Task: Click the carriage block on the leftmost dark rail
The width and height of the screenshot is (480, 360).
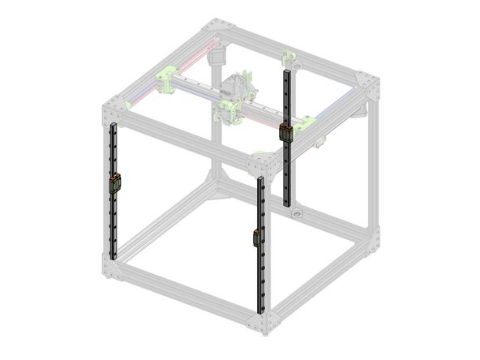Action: [115, 183]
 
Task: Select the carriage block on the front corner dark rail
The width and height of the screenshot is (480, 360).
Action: [258, 238]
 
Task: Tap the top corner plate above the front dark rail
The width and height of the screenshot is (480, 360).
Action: [260, 167]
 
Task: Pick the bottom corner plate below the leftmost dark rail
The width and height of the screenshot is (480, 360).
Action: [111, 266]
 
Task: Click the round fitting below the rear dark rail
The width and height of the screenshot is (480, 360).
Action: [297, 215]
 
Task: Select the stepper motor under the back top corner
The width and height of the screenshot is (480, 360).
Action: [216, 56]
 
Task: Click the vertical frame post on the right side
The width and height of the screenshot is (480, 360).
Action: [371, 162]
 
